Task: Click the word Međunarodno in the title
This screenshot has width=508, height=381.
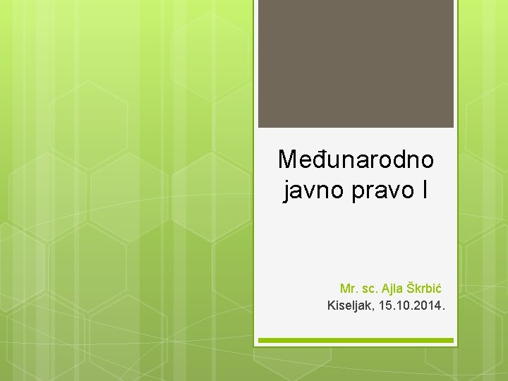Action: pos(356,159)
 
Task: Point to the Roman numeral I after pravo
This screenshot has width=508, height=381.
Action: pos(422,189)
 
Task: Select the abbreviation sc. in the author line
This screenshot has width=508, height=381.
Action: pos(369,288)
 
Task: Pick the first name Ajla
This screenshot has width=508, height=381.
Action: pos(392,288)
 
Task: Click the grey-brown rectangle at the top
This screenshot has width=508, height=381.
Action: pos(356,64)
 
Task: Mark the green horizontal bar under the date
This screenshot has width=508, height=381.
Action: pos(356,341)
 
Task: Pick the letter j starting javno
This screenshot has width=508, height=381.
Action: pos(286,190)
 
